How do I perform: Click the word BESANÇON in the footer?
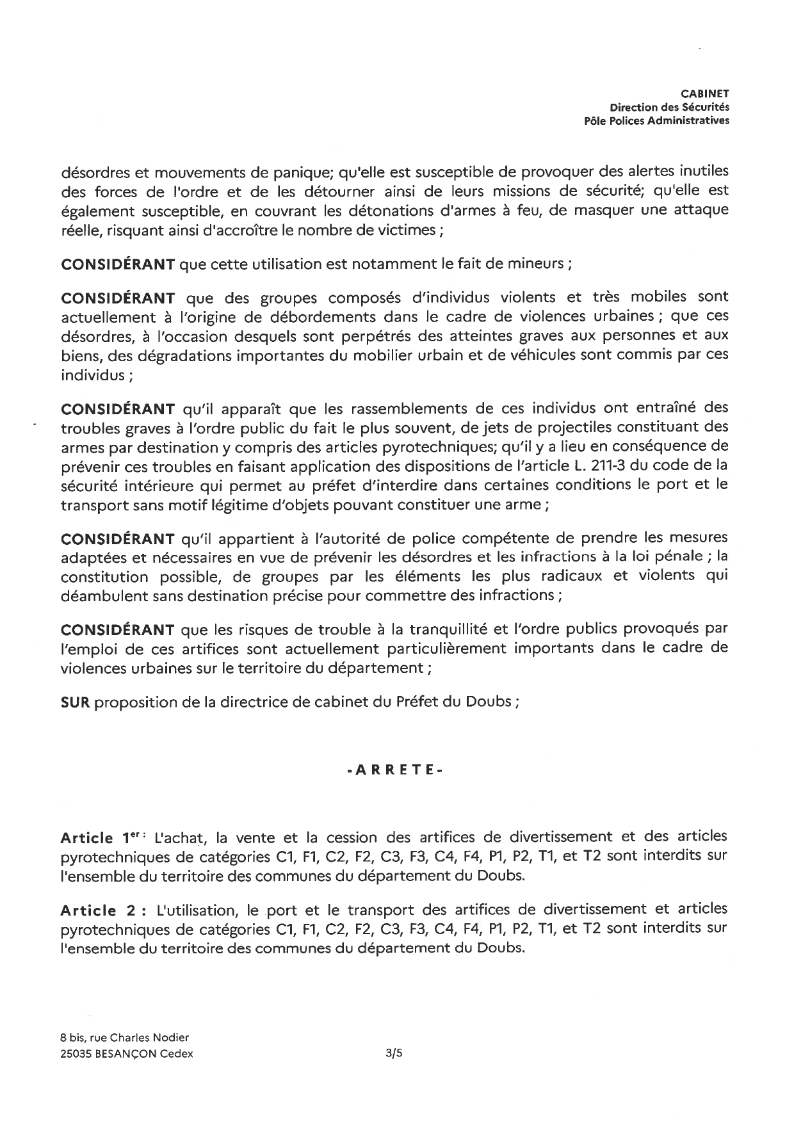click(130, 1053)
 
